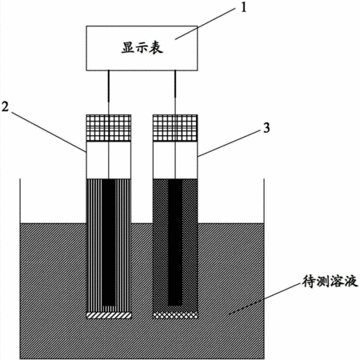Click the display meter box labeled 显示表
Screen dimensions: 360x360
point(142,48)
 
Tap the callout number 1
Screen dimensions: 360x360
point(243,8)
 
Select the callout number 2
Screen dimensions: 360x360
point(5,106)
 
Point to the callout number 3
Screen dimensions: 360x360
point(266,128)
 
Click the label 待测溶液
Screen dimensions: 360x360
point(330,282)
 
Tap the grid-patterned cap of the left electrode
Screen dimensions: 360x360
point(109,128)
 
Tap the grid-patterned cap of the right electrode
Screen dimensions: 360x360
point(175,128)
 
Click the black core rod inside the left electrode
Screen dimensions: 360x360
point(109,242)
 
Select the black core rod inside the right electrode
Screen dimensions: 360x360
point(175,242)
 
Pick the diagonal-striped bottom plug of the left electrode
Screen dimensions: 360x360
point(109,315)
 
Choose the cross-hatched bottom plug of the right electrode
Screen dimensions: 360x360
point(175,315)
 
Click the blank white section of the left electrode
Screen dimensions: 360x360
point(109,160)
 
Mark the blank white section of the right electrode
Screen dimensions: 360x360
point(175,160)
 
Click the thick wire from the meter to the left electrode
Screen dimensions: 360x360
point(109,86)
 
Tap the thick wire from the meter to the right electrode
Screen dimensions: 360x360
point(175,84)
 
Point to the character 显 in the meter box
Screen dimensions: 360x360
point(128,48)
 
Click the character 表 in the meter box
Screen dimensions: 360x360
point(156,48)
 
